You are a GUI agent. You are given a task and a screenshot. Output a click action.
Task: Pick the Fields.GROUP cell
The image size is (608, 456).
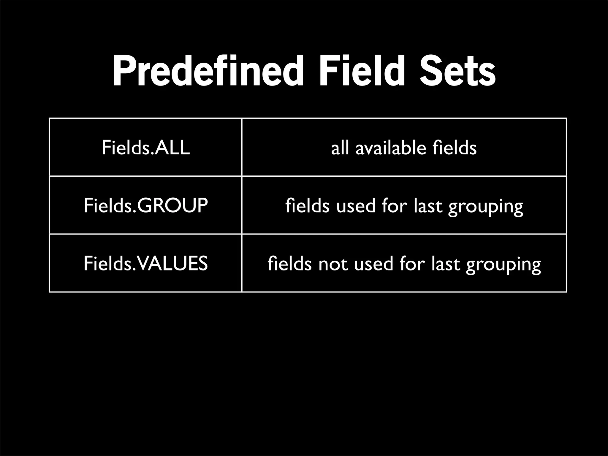tap(145, 205)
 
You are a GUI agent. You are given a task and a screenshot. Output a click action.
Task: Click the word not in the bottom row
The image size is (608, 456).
tap(333, 264)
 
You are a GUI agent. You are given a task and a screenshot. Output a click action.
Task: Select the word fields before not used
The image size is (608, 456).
tap(289, 263)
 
